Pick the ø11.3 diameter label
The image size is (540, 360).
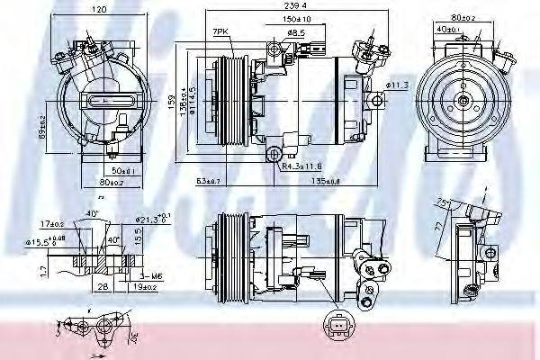click(x=398, y=85)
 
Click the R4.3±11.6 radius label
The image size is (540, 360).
click(x=299, y=166)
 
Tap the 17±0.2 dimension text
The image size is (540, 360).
click(x=49, y=223)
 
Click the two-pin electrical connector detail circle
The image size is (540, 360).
click(x=338, y=327)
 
